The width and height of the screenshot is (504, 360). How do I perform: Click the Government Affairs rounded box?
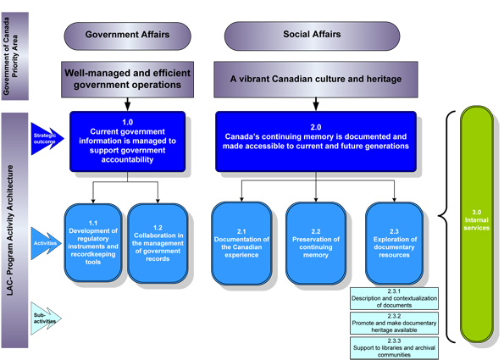pos(127,36)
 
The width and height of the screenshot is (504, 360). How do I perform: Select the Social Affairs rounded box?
pos(312,36)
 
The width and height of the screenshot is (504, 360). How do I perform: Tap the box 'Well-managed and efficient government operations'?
pos(128,80)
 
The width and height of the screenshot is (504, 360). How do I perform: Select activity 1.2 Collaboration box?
pos(158,240)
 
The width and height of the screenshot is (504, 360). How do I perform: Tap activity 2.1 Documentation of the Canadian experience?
pos(241,241)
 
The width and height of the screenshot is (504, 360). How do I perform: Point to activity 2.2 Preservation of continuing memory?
pos(315,241)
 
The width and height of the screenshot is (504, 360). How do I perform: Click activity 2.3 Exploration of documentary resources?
pos(393,241)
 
